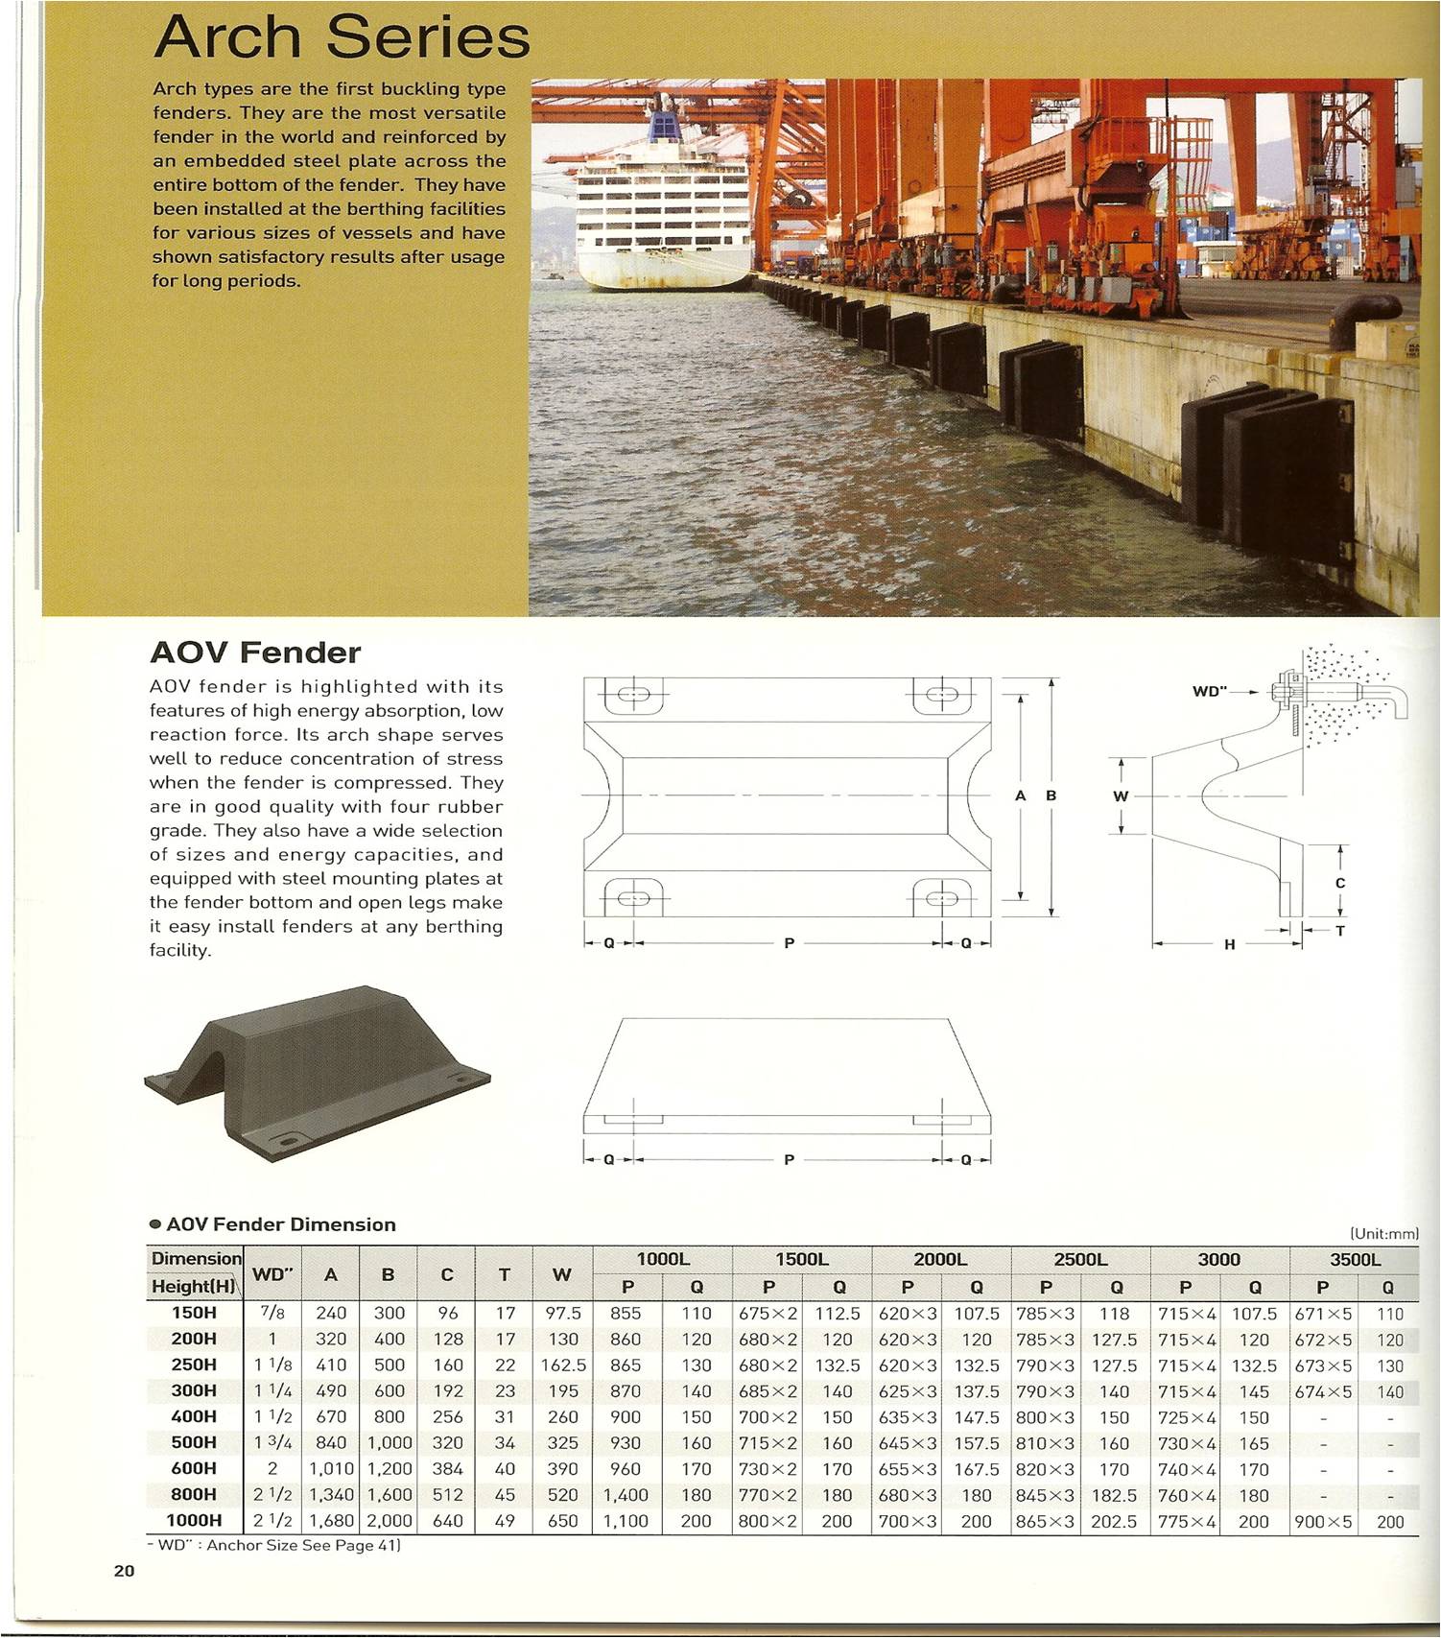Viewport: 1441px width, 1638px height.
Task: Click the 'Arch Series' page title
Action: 342,38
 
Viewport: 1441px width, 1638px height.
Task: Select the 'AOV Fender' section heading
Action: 255,653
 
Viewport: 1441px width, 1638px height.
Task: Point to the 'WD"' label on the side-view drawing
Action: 1210,691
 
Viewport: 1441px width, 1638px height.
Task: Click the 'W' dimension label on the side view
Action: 1121,795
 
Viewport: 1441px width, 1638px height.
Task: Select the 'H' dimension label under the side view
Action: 1230,944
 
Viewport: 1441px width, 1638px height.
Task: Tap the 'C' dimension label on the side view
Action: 1340,882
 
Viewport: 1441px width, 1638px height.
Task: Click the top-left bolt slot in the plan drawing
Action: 633,695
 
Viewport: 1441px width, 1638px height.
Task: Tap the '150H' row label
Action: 194,1313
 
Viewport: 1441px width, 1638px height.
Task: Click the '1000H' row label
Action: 194,1520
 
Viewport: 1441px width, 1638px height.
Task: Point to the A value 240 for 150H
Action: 331,1313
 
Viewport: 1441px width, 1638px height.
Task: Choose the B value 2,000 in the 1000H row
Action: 389,1520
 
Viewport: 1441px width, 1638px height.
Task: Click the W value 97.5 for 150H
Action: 563,1313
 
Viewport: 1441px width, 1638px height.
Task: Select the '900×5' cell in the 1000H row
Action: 1322,1521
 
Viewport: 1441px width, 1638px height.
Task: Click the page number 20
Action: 124,1571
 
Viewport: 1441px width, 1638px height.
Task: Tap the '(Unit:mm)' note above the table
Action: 1383,1233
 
